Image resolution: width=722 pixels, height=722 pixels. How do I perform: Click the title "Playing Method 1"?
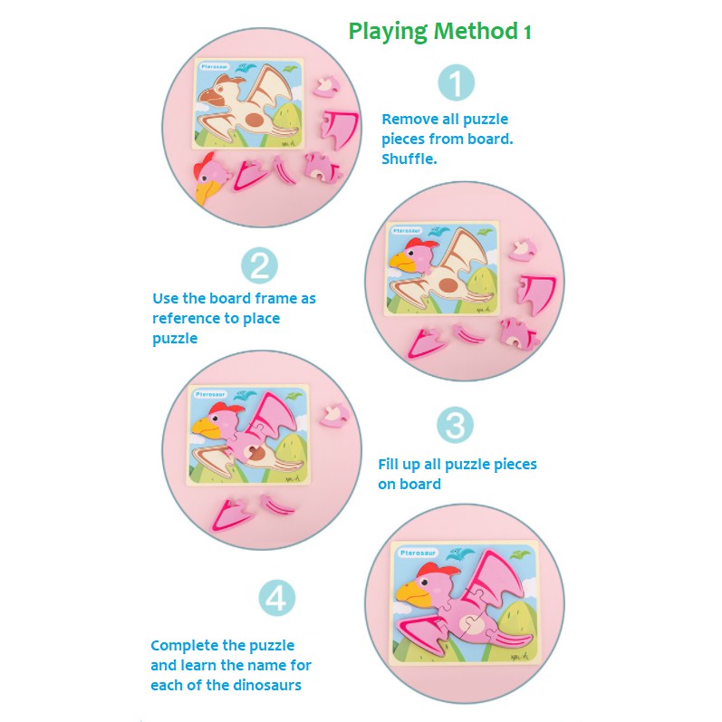tap(440, 32)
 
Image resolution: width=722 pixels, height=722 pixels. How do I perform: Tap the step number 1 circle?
tap(457, 83)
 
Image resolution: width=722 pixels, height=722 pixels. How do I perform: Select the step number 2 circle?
tap(260, 266)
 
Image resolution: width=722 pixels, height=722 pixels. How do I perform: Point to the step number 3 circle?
tap(456, 426)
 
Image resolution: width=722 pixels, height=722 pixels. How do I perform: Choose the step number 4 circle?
tap(277, 599)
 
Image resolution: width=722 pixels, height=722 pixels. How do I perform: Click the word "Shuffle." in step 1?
tap(409, 159)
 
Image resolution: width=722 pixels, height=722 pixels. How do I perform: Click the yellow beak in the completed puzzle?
tap(410, 595)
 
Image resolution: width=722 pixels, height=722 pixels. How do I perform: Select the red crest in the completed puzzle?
tap(439, 568)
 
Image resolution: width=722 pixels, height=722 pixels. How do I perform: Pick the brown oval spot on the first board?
tap(256, 119)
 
